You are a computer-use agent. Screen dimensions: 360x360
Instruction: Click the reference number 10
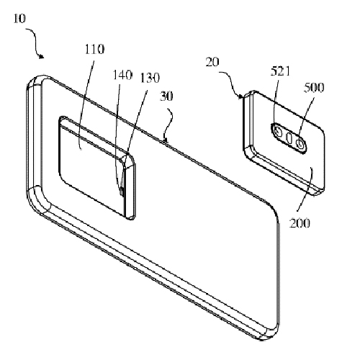point(19,19)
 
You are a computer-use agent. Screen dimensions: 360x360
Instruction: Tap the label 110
point(94,49)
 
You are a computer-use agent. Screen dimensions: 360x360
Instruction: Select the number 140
point(122,75)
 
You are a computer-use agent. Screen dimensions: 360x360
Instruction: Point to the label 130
point(150,78)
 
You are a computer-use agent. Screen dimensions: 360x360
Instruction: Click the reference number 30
point(166,96)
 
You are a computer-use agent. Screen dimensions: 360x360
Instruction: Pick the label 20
point(212,62)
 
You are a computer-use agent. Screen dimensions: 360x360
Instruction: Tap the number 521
point(280,71)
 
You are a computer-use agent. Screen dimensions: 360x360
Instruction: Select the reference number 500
point(314,88)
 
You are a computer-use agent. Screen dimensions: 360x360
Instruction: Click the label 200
point(300,223)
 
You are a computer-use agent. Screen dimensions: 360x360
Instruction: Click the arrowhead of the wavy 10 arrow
point(42,57)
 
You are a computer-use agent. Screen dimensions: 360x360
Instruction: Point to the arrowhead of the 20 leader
point(240,96)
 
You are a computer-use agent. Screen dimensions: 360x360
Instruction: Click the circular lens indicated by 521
point(279,131)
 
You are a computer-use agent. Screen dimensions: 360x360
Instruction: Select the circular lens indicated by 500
point(300,143)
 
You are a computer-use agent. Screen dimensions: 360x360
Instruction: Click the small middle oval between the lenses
point(289,138)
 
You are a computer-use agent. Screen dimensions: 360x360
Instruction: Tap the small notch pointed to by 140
point(122,192)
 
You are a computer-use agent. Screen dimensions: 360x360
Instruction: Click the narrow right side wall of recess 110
point(130,187)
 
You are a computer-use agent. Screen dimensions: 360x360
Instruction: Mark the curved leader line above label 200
point(307,189)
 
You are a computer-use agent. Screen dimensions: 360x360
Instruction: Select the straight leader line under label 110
point(87,104)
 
